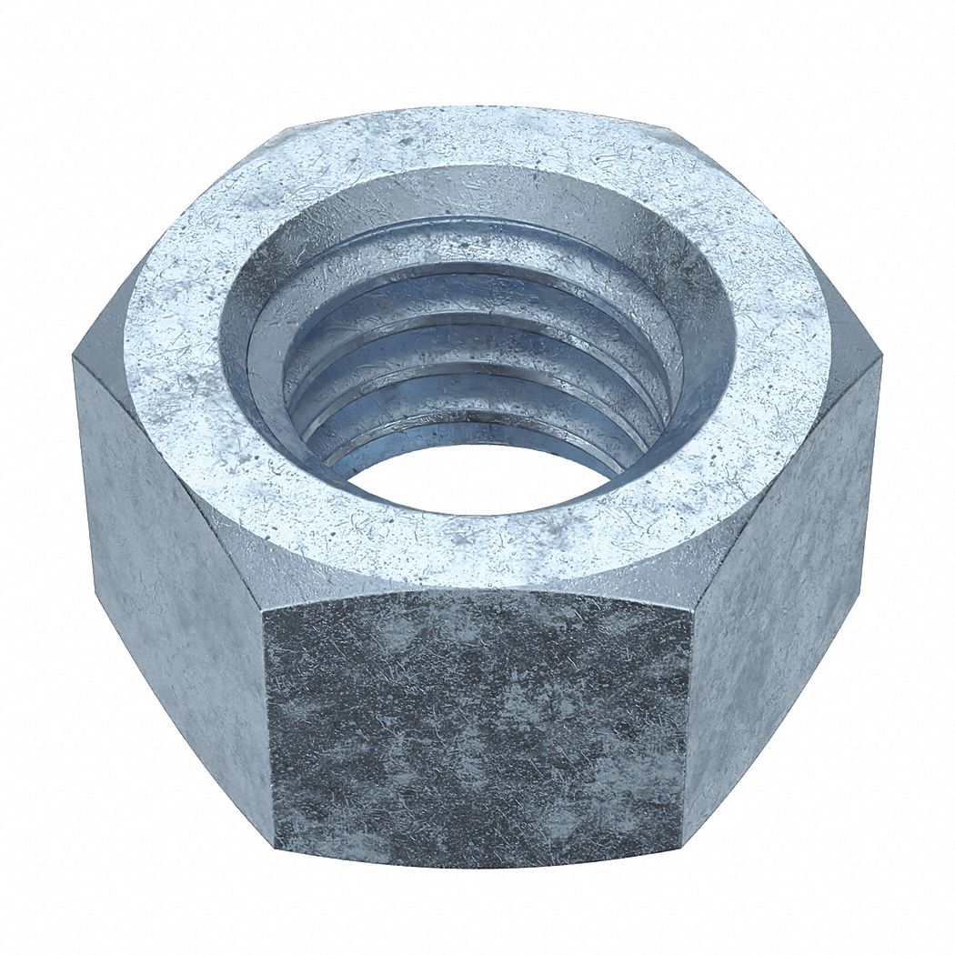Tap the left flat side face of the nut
(x=168, y=582)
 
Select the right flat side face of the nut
(x=782, y=582)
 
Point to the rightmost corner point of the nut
(x=880, y=359)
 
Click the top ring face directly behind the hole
(x=473, y=136)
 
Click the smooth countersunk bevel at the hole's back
(x=473, y=191)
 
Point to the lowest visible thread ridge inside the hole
(x=473, y=435)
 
